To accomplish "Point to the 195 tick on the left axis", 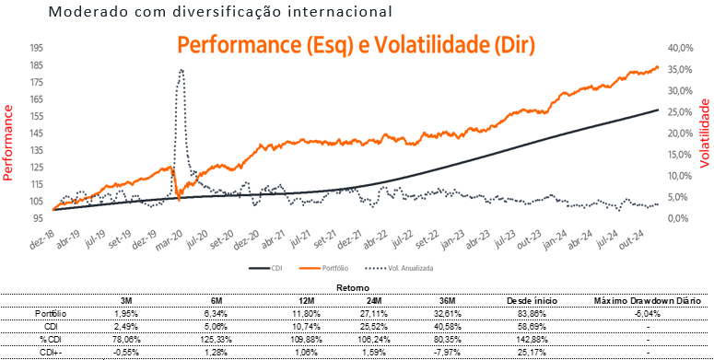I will coord(37,48).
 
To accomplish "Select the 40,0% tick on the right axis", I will coord(680,48).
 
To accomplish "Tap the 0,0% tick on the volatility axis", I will coord(677,218).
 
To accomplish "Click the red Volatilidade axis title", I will coord(705,133).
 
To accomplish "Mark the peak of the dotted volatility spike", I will coord(181,70).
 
